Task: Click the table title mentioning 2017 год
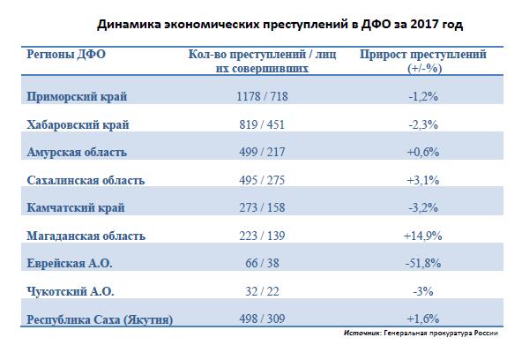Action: point(280,25)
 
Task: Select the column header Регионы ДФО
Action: point(66,55)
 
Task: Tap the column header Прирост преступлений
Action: point(423,61)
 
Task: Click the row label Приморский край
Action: point(77,96)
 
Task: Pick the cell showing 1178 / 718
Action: point(262,96)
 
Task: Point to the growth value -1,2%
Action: point(423,96)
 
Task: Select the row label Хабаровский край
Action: point(78,125)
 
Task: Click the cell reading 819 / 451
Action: point(262,125)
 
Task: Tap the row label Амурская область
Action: point(77,152)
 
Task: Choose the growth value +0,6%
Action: point(423,152)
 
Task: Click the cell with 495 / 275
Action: point(262,180)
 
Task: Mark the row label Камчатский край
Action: point(76,208)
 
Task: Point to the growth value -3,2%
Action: point(423,208)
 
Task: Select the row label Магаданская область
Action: point(86,236)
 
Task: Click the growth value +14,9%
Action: point(423,236)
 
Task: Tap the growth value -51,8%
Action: point(423,264)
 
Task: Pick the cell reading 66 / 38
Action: point(262,264)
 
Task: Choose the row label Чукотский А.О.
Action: point(71,291)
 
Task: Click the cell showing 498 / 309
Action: point(262,319)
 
